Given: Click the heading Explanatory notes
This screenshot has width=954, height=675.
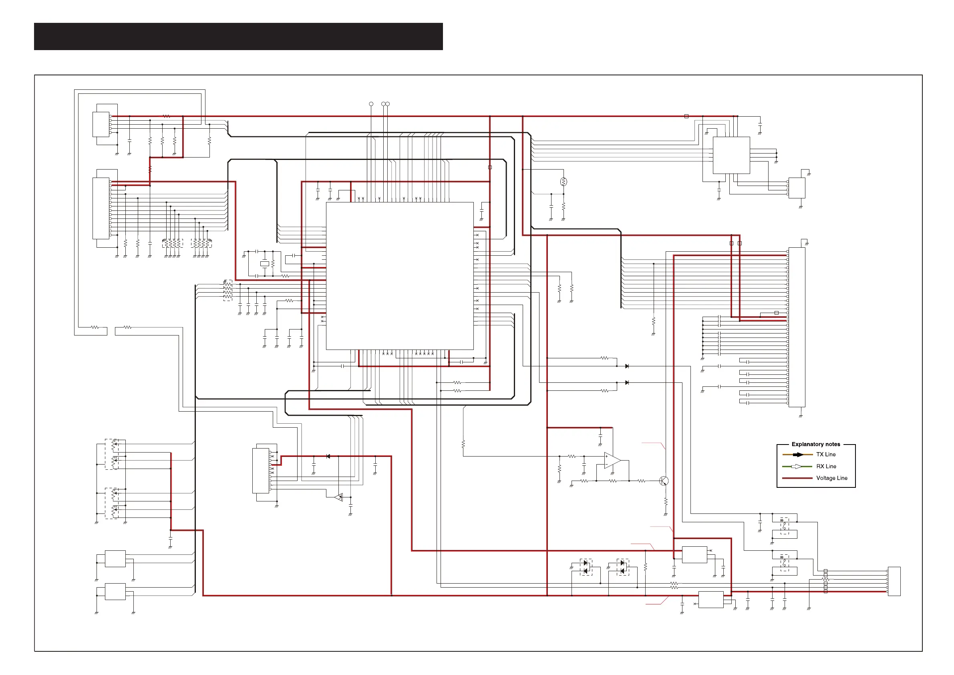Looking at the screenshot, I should click(x=816, y=444).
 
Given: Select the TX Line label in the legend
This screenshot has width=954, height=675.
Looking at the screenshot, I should click(x=825, y=455).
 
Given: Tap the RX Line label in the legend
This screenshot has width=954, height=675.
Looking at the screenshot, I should click(x=826, y=466).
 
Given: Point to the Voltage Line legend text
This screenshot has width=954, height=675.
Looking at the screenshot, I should click(x=831, y=478).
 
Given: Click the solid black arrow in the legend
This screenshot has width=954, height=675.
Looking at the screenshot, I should click(x=798, y=455).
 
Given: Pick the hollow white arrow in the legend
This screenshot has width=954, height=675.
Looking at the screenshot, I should click(x=798, y=466).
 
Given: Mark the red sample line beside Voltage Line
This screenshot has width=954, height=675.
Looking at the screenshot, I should click(x=797, y=478).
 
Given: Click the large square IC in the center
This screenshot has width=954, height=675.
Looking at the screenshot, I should click(x=399, y=276).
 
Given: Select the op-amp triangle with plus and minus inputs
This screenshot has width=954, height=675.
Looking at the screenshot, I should click(x=612, y=461).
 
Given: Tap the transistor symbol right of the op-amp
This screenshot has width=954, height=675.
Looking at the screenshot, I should click(x=664, y=481).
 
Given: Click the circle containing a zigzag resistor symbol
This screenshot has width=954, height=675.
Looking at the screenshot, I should click(x=564, y=182).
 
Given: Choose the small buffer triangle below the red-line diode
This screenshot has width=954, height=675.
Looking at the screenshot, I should click(x=339, y=497).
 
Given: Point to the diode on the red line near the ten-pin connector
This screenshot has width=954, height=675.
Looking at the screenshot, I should click(x=328, y=456).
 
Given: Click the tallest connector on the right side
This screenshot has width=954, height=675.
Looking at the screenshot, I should click(x=797, y=327).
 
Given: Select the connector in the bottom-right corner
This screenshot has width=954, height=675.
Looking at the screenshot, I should click(x=894, y=581).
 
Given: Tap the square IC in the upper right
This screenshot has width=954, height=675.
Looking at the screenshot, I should click(x=731, y=155).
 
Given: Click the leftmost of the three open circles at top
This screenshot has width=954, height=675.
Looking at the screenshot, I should click(x=371, y=104).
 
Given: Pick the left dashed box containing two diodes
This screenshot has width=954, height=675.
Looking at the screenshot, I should click(x=586, y=567).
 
